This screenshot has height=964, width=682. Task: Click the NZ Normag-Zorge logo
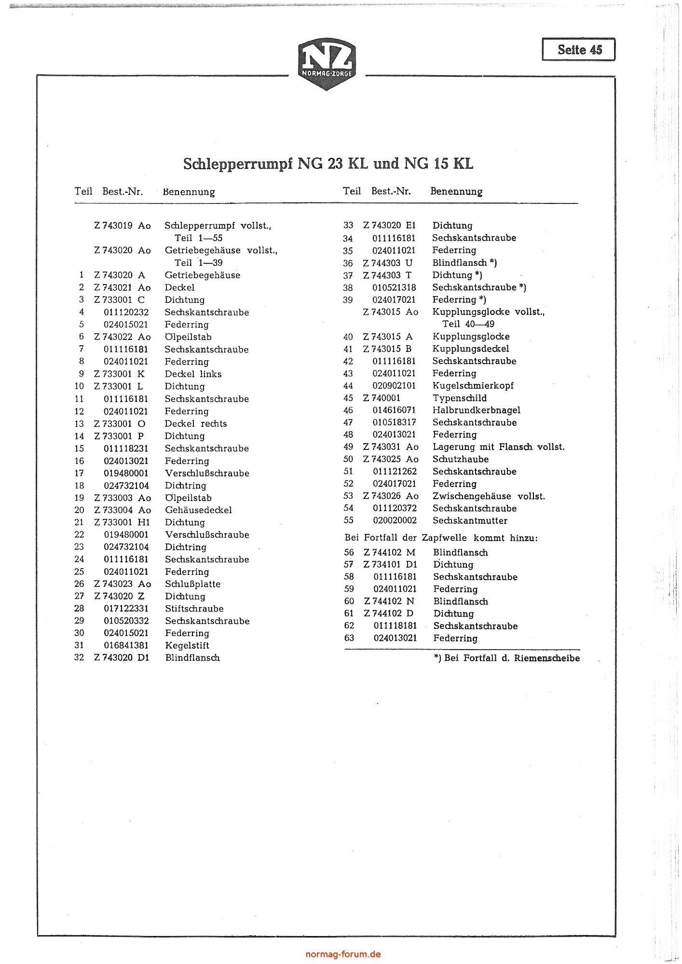pyautogui.click(x=327, y=64)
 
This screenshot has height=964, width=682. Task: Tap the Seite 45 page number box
pyautogui.click(x=579, y=50)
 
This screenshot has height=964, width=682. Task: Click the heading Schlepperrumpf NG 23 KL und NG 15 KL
pyautogui.click(x=328, y=164)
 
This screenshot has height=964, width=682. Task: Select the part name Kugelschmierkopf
pyautogui.click(x=473, y=386)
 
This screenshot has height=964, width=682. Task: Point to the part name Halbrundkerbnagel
pyautogui.click(x=476, y=410)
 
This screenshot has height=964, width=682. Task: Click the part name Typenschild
pyautogui.click(x=459, y=398)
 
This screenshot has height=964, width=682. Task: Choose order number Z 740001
pyautogui.click(x=382, y=398)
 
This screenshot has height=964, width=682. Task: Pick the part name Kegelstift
pyautogui.click(x=187, y=646)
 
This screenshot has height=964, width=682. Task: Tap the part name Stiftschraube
pyautogui.click(x=194, y=609)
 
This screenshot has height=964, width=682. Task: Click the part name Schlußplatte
pyautogui.click(x=192, y=584)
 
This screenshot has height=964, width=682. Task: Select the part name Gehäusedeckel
pyautogui.click(x=198, y=510)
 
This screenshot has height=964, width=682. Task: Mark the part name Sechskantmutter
pyautogui.click(x=470, y=521)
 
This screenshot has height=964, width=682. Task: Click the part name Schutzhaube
pyautogui.click(x=460, y=460)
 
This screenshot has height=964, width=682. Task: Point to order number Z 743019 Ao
pyautogui.click(x=123, y=226)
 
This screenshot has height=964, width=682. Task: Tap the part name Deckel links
pyautogui.click(x=193, y=374)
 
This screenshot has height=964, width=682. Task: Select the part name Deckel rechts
pyautogui.click(x=195, y=424)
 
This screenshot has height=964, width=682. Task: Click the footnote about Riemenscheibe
pyautogui.click(x=507, y=659)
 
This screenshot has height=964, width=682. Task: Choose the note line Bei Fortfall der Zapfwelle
pyautogui.click(x=441, y=538)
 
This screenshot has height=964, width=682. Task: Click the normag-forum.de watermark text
pyautogui.click(x=343, y=954)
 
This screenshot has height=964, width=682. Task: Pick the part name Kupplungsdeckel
pyautogui.click(x=470, y=349)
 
